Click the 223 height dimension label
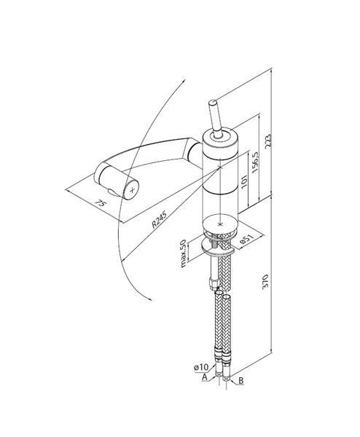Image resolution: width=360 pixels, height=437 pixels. coord(267,141)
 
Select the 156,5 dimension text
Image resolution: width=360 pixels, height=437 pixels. coord(255,162)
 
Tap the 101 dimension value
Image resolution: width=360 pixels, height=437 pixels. coord(244,182)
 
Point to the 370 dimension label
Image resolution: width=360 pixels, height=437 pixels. coord(265,282)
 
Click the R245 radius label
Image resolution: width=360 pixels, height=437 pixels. coord(160,219)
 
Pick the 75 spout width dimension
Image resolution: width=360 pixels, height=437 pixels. coord(101,203)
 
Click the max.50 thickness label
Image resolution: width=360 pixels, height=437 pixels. coord(183,253)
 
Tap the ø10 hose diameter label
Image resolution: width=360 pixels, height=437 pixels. coord(201,367)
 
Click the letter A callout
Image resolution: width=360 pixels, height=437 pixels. coord(205,377)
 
